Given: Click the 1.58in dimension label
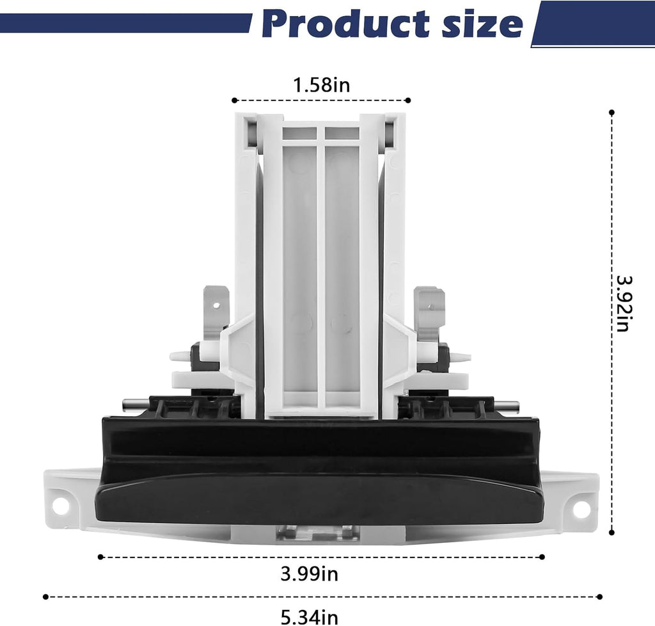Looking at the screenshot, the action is pyautogui.click(x=321, y=85).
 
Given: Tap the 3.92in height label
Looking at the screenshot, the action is pyautogui.click(x=624, y=303).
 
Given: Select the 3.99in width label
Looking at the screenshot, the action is pyautogui.click(x=309, y=574).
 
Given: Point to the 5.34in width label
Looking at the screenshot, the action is pyautogui.click(x=309, y=617).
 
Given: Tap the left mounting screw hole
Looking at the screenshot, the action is pyautogui.click(x=61, y=507).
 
